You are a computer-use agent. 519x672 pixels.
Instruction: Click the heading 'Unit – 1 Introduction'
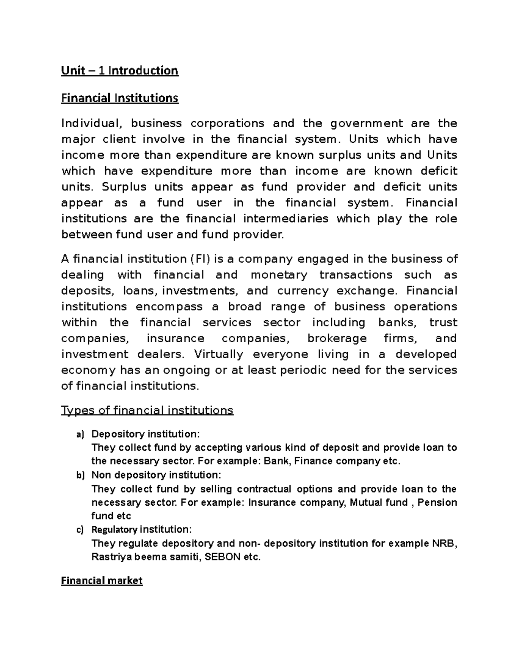119,71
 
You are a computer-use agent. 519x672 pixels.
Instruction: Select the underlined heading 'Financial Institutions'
119,98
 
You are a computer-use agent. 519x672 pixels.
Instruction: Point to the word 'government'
367,123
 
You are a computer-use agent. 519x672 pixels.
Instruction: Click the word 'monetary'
279,275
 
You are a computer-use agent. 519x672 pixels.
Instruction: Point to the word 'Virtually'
218,354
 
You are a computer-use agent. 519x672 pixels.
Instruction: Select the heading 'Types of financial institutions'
147,410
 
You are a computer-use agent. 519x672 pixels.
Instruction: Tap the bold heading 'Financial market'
102,581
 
